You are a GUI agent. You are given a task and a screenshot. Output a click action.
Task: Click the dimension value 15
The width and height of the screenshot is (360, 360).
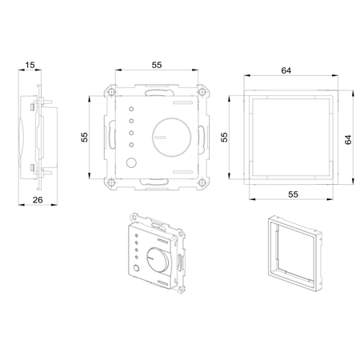click(30, 65)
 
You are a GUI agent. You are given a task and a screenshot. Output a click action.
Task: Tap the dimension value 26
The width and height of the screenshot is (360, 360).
click(38, 200)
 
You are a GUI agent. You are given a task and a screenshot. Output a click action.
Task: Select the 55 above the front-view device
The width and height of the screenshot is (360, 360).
click(157, 65)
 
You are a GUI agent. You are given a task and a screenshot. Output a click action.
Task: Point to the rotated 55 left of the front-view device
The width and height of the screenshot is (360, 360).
click(84, 137)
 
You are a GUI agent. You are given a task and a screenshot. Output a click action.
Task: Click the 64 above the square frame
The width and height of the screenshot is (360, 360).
click(286, 70)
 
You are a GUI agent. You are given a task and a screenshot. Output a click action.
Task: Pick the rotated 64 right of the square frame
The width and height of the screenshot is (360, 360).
click(348, 140)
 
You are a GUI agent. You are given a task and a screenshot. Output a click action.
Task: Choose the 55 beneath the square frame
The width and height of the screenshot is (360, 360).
click(293, 194)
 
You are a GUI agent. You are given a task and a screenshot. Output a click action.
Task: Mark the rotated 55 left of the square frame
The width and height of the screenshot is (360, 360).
click(225, 137)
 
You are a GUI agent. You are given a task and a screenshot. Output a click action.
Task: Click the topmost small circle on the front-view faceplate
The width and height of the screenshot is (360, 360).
click(131, 109)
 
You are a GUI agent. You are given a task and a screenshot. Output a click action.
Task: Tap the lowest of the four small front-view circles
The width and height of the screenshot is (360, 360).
click(131, 145)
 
